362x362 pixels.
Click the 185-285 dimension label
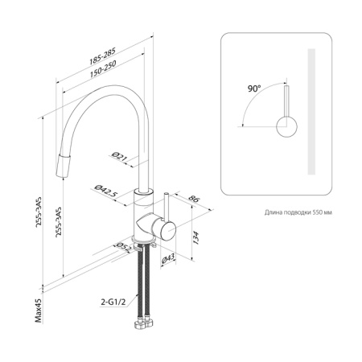pyautogui.click(x=102, y=56)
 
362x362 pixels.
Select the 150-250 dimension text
pyautogui.click(x=103, y=69)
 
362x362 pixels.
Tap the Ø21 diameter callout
pyautogui.click(x=119, y=156)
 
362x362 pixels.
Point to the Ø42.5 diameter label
pyautogui.click(x=106, y=191)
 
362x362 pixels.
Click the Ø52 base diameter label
pyautogui.click(x=122, y=248)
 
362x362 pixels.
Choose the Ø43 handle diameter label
pyautogui.click(x=168, y=259)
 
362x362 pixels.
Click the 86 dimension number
pyautogui.click(x=194, y=199)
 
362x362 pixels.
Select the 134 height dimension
pyautogui.click(x=196, y=237)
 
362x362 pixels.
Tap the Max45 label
pyautogui.click(x=39, y=311)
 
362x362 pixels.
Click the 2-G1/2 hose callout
pyautogui.click(x=113, y=302)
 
